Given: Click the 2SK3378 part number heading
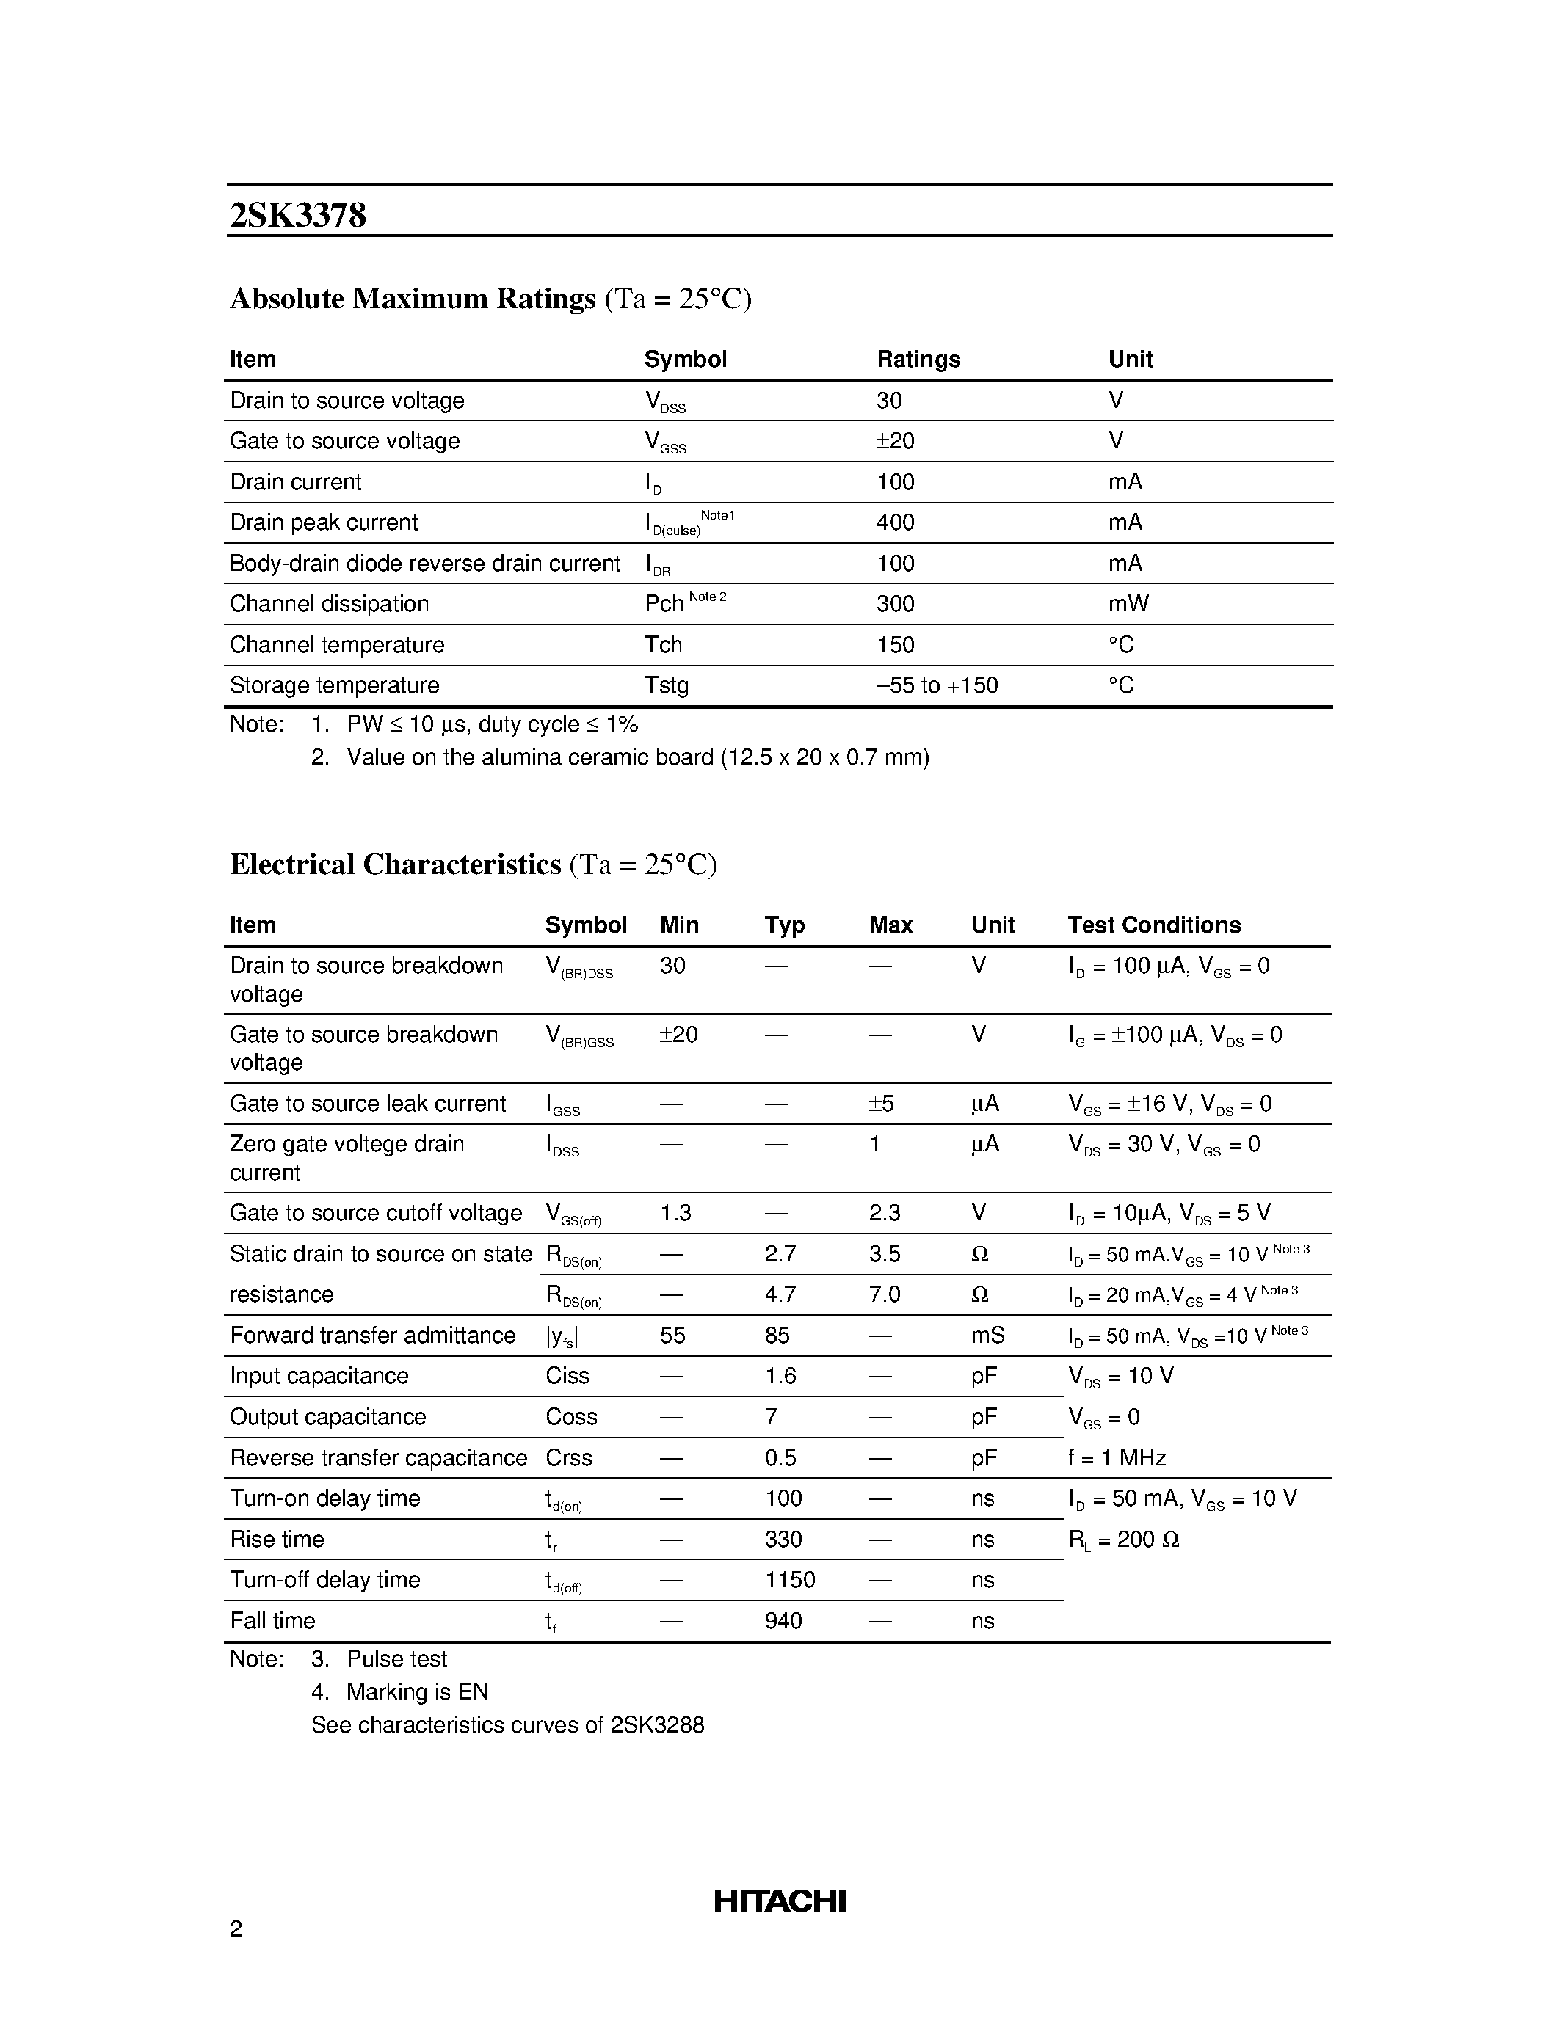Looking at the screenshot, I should [297, 215].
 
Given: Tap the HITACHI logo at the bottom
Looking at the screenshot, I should [779, 1901].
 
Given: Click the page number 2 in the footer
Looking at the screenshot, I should [236, 1928].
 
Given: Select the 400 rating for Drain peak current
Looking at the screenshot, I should [895, 523].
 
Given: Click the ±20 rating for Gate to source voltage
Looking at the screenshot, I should [895, 442].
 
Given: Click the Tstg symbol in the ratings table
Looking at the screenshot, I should [667, 685].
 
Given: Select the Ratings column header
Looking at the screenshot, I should [918, 360].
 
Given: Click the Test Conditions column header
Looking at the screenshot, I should [1153, 925].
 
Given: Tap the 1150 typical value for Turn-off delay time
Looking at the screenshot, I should [789, 1580].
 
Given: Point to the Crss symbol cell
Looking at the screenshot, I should [568, 1458].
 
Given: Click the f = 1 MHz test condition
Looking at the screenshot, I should [1117, 1458].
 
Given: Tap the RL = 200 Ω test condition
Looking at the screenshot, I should [1123, 1540].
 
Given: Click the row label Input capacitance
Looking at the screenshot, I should [319, 1376].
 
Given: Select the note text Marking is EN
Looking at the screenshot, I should [417, 1692].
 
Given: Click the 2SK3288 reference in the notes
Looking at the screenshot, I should [657, 1725].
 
